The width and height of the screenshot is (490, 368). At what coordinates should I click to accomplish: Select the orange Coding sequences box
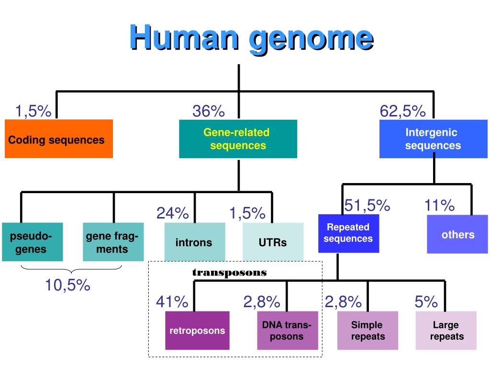click(58, 139)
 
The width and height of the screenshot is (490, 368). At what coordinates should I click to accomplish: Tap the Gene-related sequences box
click(238, 139)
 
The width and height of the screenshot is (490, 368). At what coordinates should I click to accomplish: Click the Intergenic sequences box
click(433, 139)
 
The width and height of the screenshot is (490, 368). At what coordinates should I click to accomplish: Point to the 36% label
click(209, 111)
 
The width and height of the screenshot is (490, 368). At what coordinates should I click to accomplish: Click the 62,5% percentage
click(402, 111)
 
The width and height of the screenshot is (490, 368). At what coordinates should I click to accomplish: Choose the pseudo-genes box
click(32, 242)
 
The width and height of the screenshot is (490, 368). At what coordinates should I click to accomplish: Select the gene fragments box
click(113, 242)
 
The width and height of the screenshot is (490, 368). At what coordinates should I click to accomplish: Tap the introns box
click(194, 242)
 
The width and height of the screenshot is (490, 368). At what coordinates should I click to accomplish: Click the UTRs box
click(273, 242)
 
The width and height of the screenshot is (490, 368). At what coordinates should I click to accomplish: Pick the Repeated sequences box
click(348, 233)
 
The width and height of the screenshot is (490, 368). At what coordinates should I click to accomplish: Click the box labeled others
click(458, 234)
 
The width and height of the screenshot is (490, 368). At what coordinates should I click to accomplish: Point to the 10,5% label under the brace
click(67, 286)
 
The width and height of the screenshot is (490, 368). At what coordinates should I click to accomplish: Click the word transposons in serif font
click(229, 273)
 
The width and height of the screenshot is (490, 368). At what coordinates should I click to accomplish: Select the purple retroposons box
click(197, 331)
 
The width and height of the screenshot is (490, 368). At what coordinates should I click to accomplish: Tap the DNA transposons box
click(287, 331)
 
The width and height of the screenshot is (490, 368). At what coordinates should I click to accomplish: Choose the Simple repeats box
click(367, 331)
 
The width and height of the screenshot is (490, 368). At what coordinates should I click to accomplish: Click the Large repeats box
click(446, 331)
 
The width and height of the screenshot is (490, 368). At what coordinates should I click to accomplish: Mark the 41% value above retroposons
click(172, 302)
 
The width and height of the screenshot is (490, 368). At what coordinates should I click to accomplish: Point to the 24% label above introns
click(172, 213)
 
